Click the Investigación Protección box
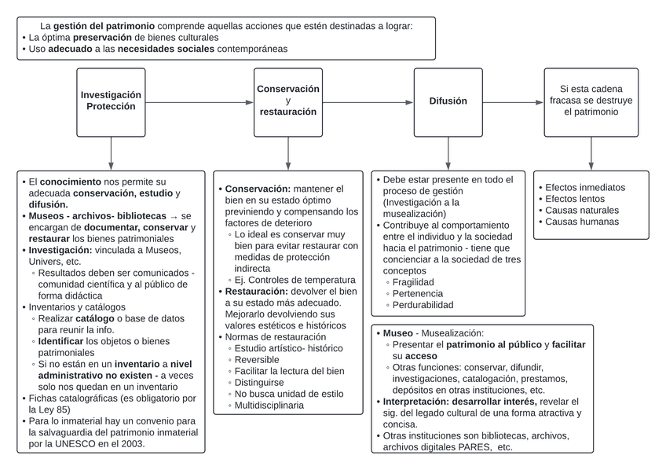point(111,101)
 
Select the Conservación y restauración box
point(288,101)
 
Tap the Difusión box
point(448,101)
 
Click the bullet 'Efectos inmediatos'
point(585,188)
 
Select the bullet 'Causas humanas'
point(581,222)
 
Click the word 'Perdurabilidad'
point(423,305)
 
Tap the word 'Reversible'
point(258,358)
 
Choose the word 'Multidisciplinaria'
point(269,406)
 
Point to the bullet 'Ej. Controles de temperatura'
point(295,280)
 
